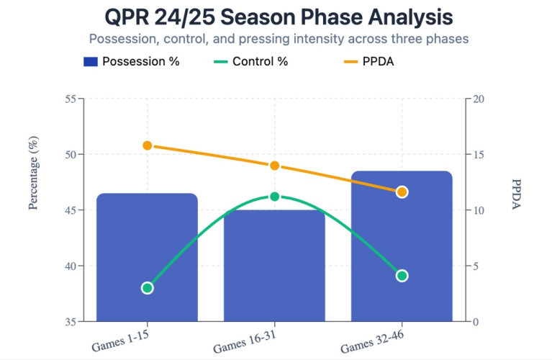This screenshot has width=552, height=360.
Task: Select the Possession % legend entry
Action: click(x=131, y=61)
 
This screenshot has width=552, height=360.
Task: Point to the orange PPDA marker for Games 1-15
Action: click(x=147, y=145)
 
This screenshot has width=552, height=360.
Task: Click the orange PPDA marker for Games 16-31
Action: click(x=274, y=166)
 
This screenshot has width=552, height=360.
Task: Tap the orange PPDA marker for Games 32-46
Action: click(x=402, y=192)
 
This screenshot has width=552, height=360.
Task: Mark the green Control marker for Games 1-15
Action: click(x=147, y=288)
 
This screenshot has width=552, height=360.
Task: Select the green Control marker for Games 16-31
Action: click(x=274, y=197)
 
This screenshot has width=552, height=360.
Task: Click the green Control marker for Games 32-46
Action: click(x=402, y=276)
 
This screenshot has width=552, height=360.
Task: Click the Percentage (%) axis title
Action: click(x=33, y=173)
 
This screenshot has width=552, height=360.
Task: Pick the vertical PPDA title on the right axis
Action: click(x=516, y=194)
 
